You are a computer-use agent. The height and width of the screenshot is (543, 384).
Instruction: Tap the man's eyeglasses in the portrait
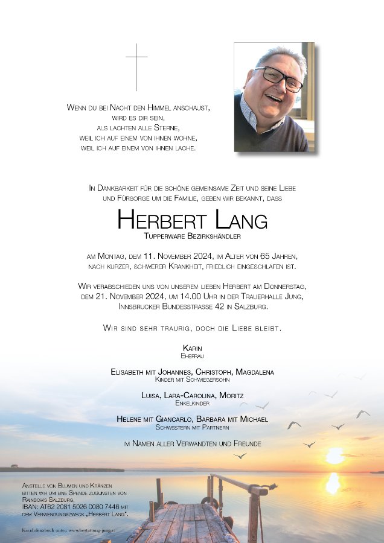[278, 78]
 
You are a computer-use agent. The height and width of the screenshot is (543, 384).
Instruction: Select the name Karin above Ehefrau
[192, 349]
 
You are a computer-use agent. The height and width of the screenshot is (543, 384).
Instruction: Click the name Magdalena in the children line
[255, 372]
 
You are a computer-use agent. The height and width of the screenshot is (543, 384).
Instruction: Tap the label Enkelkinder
[192, 403]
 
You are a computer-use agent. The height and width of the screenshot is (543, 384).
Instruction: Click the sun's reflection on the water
[333, 483]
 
